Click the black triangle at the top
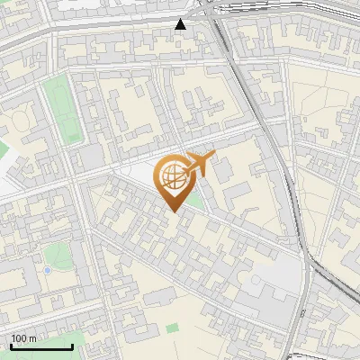pos(181,24)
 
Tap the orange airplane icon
pos(199,164)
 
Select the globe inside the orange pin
pos(172,175)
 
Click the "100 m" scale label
pos(24,338)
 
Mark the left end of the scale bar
pos(11,347)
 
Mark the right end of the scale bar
pos(73,347)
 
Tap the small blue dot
pos(47,270)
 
